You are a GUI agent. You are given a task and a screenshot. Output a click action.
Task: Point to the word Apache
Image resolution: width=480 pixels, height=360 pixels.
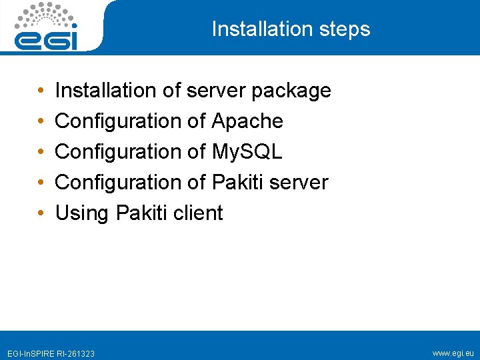247,121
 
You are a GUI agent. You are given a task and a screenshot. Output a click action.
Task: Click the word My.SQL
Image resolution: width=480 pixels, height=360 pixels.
247,152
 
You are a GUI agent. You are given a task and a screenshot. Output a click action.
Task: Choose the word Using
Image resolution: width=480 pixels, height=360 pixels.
82,213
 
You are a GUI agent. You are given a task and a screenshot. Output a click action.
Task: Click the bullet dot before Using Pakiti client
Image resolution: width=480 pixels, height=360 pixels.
41,214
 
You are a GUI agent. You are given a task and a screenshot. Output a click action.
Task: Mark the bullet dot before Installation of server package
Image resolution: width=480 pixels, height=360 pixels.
41,91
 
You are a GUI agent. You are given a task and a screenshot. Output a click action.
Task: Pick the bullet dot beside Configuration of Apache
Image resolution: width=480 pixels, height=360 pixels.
41,121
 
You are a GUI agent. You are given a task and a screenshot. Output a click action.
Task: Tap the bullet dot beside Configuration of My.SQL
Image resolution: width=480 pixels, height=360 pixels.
41,152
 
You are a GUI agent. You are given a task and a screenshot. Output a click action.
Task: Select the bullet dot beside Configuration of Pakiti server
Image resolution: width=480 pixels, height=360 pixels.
41,183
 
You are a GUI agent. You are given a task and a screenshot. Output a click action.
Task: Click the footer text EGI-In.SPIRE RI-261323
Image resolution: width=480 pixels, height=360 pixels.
51,353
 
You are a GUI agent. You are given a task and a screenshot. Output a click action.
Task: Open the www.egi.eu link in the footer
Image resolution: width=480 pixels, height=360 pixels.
453,352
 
